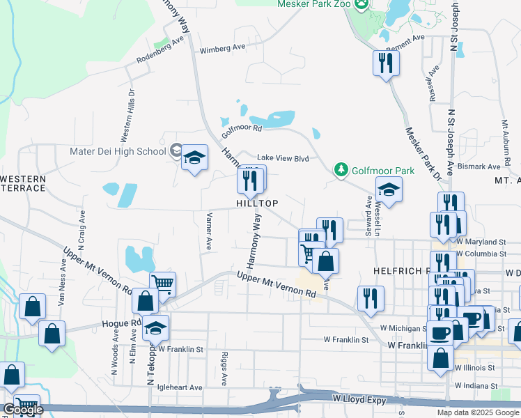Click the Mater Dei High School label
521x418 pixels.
(118, 150)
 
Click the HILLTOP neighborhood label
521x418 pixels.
(258, 203)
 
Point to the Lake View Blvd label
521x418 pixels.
(283, 158)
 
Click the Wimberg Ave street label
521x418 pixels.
(223, 49)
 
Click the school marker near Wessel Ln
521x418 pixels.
(389, 188)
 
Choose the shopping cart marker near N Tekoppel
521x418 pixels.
(162, 283)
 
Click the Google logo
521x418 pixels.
(22, 410)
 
